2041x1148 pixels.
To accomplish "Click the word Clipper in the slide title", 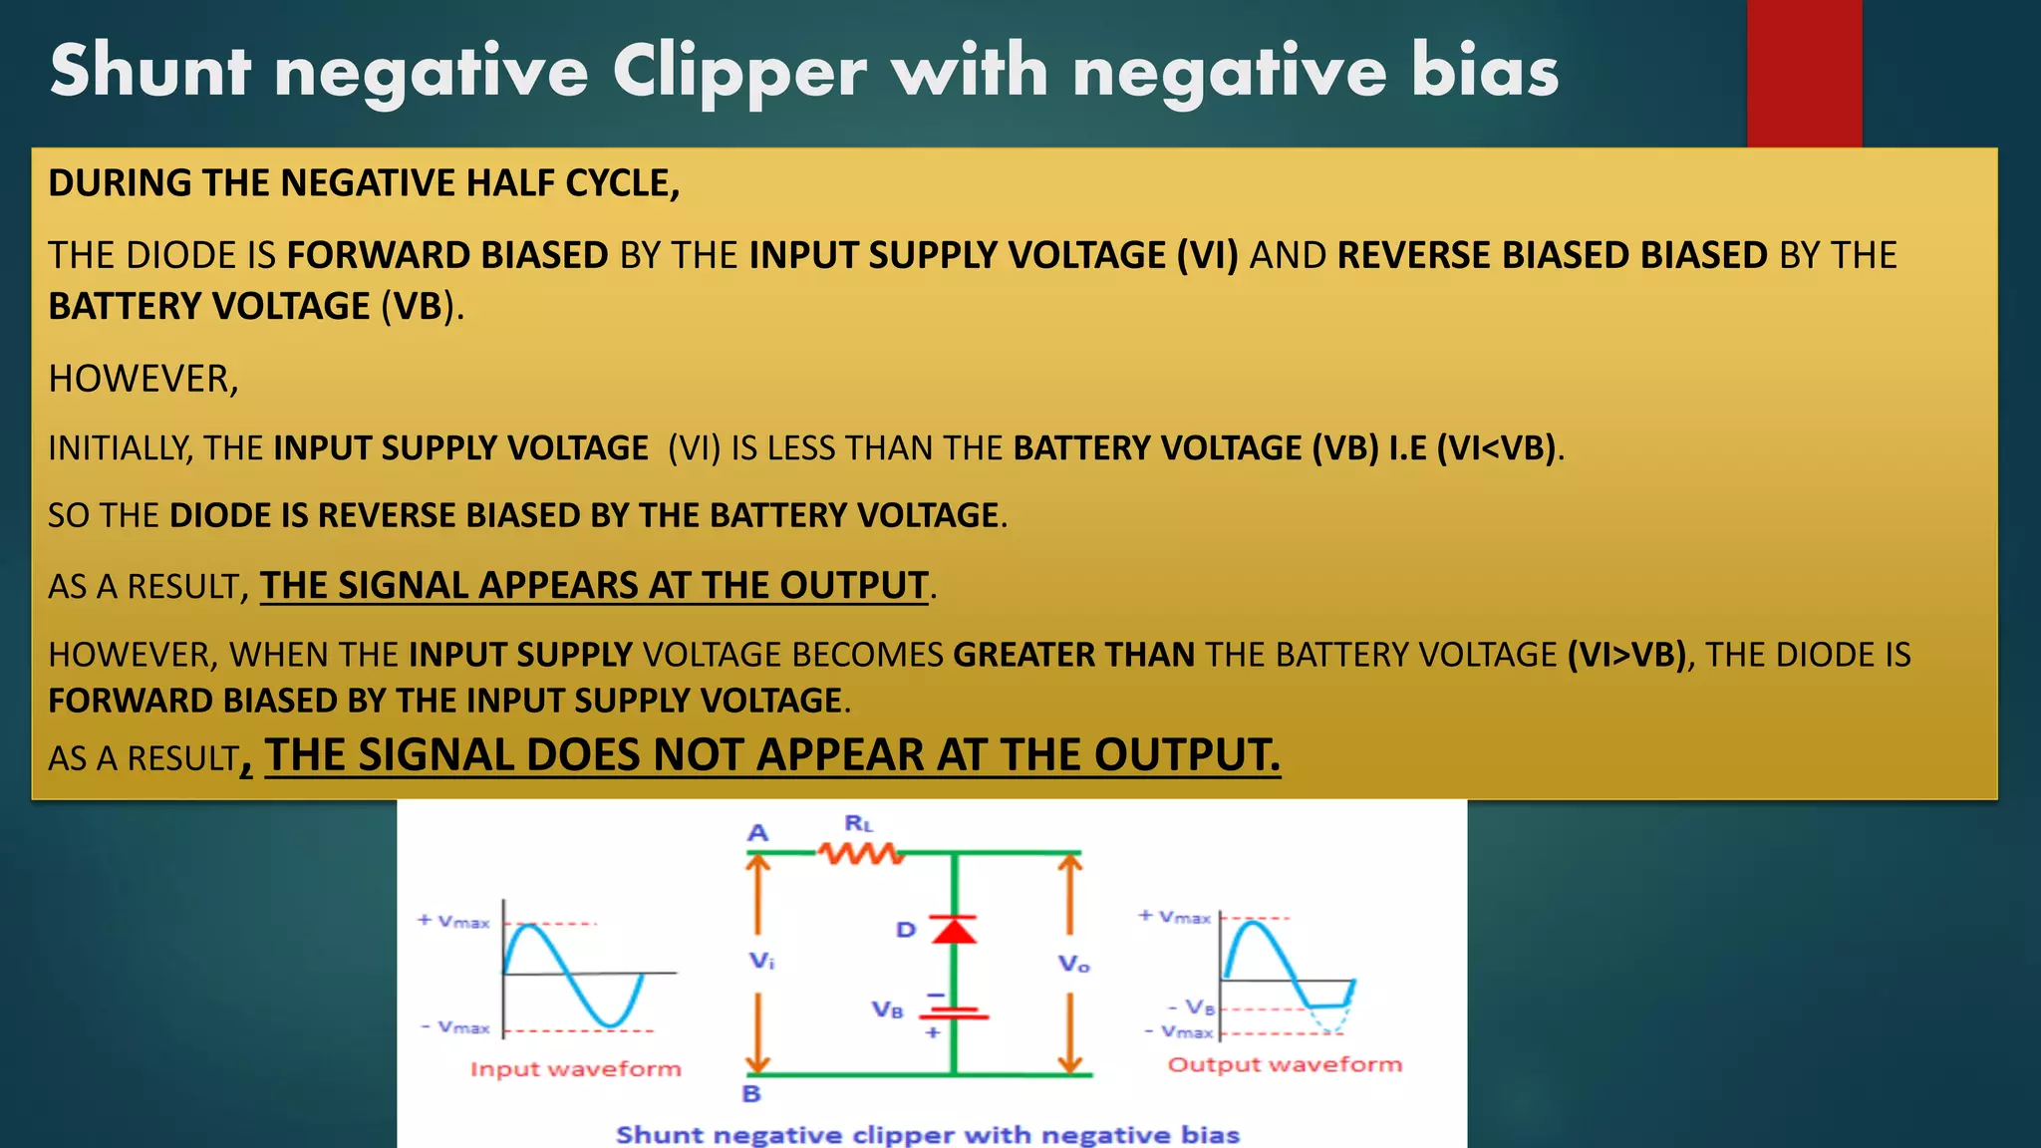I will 738,72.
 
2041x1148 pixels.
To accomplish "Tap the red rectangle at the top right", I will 1804,73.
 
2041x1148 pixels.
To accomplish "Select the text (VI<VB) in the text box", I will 1496,448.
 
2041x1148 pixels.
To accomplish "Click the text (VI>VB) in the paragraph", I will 1628,655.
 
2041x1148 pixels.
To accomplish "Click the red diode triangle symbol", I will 954,930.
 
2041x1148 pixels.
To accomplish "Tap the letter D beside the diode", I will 905,930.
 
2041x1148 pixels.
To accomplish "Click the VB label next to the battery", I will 887,1009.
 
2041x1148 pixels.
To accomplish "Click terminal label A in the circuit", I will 758,832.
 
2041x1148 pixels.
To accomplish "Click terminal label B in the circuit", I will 751,1093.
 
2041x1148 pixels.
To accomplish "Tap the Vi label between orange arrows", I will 761,961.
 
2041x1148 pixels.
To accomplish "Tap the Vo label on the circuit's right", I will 1073,964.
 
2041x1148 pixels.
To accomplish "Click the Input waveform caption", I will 575,1069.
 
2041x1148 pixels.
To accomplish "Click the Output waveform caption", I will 1284,1064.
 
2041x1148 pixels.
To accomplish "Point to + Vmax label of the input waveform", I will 454,922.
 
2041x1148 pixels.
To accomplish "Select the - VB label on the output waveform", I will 1192,1007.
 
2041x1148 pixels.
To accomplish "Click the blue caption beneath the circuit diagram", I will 927,1134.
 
